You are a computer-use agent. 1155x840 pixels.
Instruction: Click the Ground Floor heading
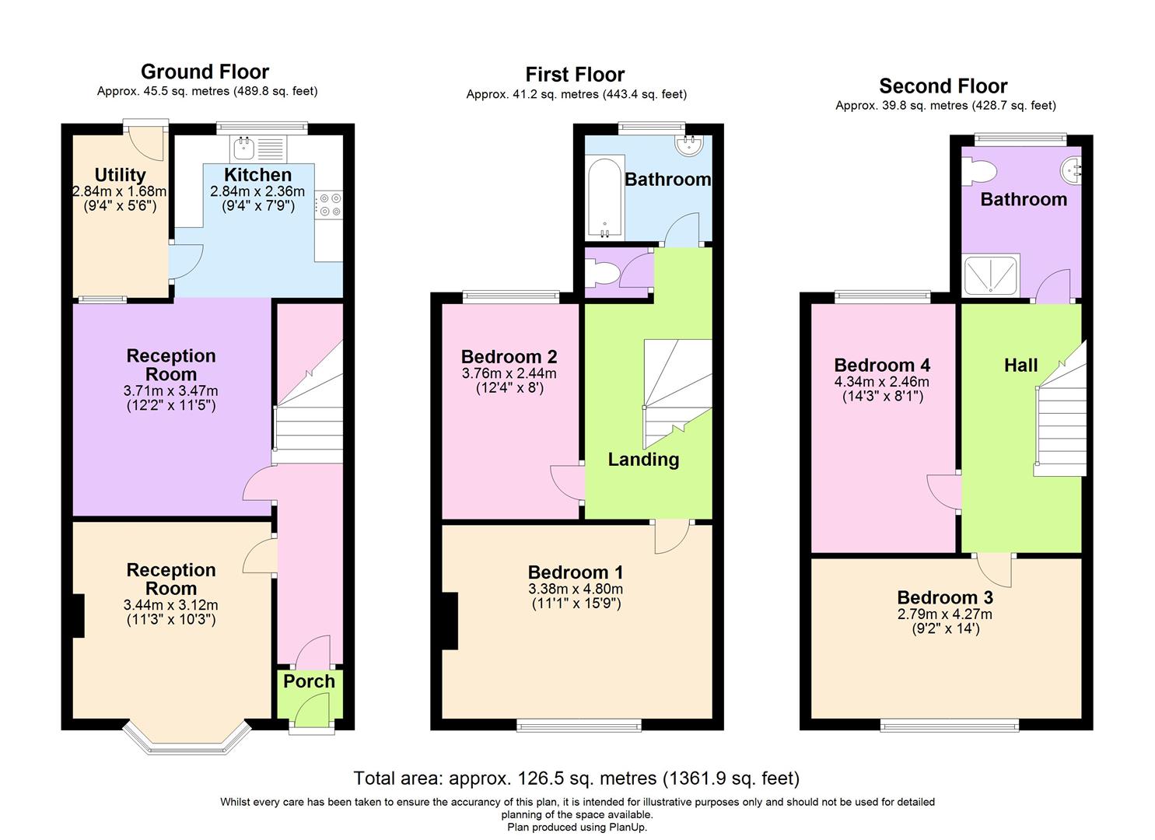click(205, 72)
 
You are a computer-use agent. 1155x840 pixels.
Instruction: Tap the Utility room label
click(120, 175)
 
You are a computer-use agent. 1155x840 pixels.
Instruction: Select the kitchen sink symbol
click(244, 147)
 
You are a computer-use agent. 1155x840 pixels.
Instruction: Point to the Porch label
click(309, 681)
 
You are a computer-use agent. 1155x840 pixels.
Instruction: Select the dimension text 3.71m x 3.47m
click(171, 391)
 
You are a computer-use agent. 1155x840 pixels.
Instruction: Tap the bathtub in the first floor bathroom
click(604, 198)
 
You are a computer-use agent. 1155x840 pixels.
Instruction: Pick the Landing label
click(643, 460)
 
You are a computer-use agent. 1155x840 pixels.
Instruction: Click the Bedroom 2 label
click(509, 357)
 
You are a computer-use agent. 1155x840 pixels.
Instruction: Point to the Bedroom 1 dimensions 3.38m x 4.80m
click(575, 590)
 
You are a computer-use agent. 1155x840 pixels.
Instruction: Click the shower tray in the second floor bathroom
click(990, 277)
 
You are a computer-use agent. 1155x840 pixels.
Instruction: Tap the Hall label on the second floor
click(1020, 365)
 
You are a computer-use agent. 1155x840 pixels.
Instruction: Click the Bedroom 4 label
click(882, 366)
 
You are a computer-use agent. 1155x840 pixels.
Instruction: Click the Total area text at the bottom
click(576, 778)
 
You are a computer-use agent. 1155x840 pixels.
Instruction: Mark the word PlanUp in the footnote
click(625, 827)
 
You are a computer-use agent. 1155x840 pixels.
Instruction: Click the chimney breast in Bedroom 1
click(450, 620)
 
